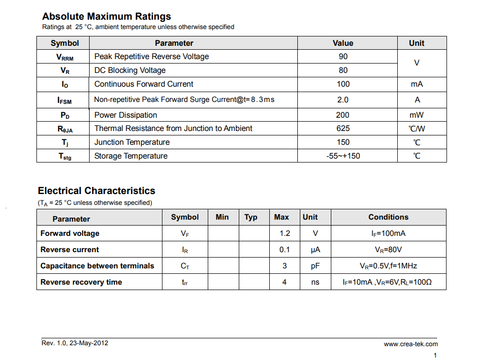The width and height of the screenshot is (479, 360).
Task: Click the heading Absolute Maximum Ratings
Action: (106, 17)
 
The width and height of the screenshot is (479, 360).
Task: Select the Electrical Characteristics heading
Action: (96, 191)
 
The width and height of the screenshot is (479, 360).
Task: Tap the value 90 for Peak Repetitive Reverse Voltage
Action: (343, 57)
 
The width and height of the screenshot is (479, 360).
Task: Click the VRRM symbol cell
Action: (64, 57)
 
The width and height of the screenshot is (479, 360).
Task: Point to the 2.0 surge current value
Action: (343, 100)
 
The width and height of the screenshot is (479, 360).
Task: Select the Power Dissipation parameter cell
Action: (126, 115)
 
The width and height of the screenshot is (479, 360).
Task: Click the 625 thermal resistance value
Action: (343, 129)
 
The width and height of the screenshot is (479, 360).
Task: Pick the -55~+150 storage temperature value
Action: (343, 156)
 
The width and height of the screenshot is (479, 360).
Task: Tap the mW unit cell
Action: (416, 115)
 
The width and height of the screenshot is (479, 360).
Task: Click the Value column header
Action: (343, 43)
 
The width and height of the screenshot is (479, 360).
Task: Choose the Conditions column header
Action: (388, 217)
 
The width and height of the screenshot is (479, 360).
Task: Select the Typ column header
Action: (251, 217)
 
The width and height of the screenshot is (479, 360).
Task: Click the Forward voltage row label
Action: (70, 233)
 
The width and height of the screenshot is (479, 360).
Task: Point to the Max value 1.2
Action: (285, 233)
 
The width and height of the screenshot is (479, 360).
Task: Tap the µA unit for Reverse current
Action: (315, 250)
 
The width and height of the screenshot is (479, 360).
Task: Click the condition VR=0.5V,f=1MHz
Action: (388, 266)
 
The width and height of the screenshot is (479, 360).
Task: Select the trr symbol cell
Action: (185, 283)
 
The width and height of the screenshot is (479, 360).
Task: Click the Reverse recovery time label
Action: (81, 282)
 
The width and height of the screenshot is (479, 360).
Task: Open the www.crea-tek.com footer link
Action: (411, 344)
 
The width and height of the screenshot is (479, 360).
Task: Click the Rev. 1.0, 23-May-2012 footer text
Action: (75, 343)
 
